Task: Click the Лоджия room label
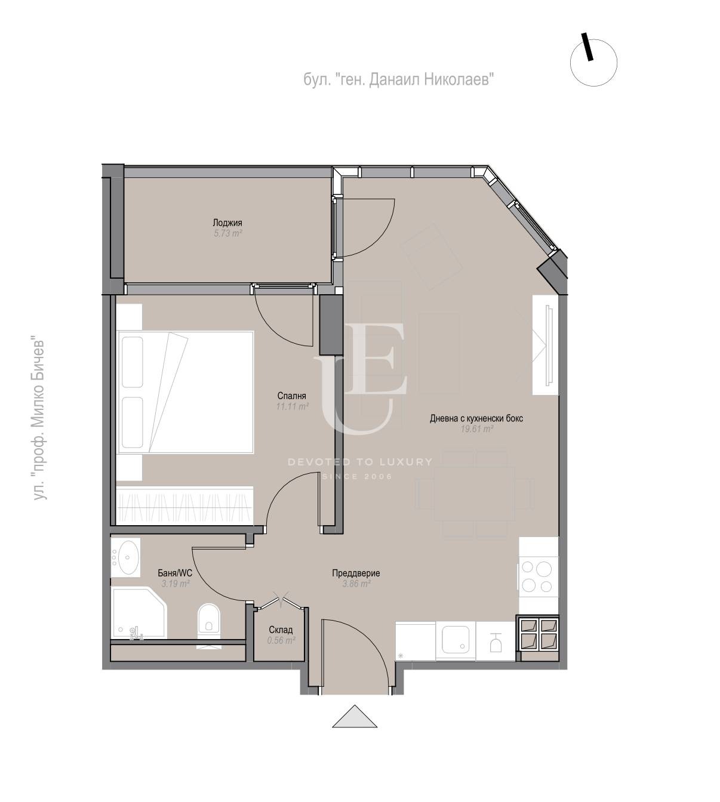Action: tap(227, 223)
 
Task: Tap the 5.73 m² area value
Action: tap(227, 233)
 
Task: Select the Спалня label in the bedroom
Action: tap(292, 396)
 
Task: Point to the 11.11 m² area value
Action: tap(293, 406)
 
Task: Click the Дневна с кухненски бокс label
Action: tap(476, 418)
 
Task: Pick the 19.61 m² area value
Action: tap(477, 428)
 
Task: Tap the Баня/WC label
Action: tap(175, 573)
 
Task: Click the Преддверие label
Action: tap(356, 573)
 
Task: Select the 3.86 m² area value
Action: tap(356, 584)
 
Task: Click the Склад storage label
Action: tap(281, 630)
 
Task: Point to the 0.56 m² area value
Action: tap(281, 640)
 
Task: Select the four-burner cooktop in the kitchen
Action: tap(538, 577)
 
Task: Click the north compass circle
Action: tap(593, 63)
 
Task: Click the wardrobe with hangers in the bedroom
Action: tap(185, 505)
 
